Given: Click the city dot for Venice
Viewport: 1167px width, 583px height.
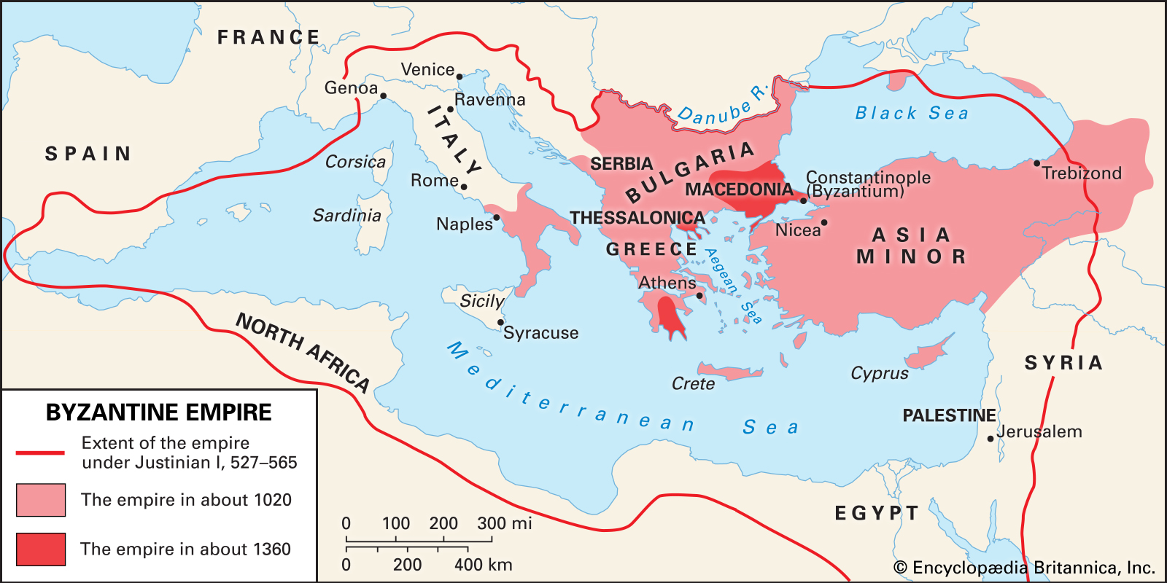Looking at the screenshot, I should coord(460,77).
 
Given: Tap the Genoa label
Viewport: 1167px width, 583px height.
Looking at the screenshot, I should coord(351,88).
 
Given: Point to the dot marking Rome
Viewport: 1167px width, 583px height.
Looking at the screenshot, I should coord(464,187).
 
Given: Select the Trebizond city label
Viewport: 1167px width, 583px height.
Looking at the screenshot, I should coord(1081,173).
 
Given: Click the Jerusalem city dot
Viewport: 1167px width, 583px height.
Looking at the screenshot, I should coord(990,439).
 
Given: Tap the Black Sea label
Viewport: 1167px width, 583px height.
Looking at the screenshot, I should coord(912,113).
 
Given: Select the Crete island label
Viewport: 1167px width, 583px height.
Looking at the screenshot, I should coord(693,384).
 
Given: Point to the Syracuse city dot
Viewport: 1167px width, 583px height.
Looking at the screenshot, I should coord(500,322).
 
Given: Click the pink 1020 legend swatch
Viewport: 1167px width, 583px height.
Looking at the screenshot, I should coord(41,500).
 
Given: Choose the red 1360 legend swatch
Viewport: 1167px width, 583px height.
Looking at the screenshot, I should coord(41,549).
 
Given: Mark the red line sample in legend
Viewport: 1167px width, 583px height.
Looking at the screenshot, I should coord(40,453).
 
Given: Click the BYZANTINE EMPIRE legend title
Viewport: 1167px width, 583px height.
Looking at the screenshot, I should coord(158,412).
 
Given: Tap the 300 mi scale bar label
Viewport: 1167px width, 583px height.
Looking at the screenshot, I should coord(504,523).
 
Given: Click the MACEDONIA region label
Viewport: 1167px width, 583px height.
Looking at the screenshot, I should coord(738,189).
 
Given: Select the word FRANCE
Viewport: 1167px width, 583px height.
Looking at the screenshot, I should coord(268,37).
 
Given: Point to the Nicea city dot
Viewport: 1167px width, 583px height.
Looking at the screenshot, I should coord(824,223).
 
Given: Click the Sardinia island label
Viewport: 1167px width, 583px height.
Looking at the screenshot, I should coord(346,216).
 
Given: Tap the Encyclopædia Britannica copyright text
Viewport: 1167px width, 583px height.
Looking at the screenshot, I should coord(1024,568).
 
